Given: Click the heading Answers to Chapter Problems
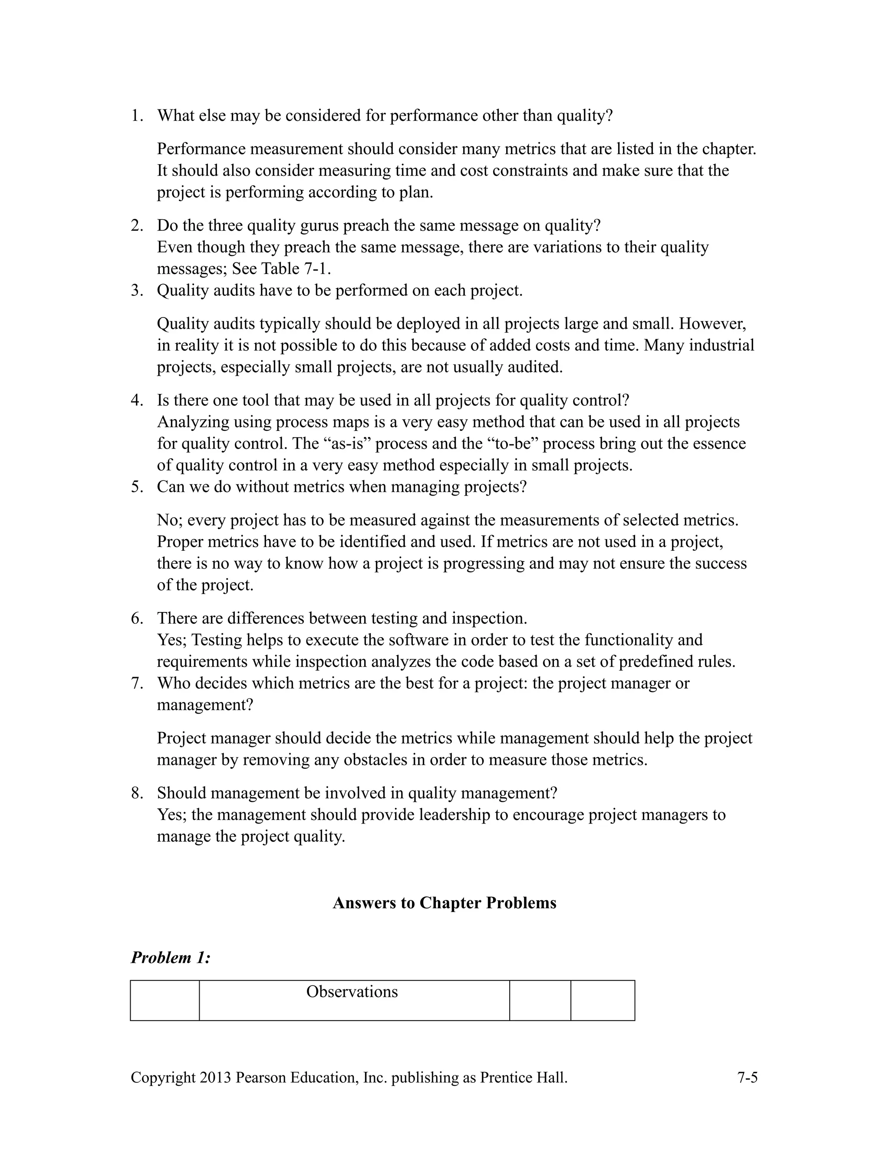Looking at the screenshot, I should [444, 903].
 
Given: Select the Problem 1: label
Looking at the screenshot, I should [170, 958].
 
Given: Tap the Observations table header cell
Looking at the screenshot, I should [352, 992].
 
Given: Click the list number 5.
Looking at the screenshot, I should [137, 486].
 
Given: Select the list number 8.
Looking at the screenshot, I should [137, 793].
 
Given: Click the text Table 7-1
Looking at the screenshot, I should [296, 269].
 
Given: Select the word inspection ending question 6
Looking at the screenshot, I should [489, 618].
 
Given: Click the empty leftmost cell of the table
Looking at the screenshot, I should [165, 1000].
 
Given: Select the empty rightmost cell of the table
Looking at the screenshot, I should [603, 1000].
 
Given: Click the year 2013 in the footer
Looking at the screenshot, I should [215, 1078].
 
